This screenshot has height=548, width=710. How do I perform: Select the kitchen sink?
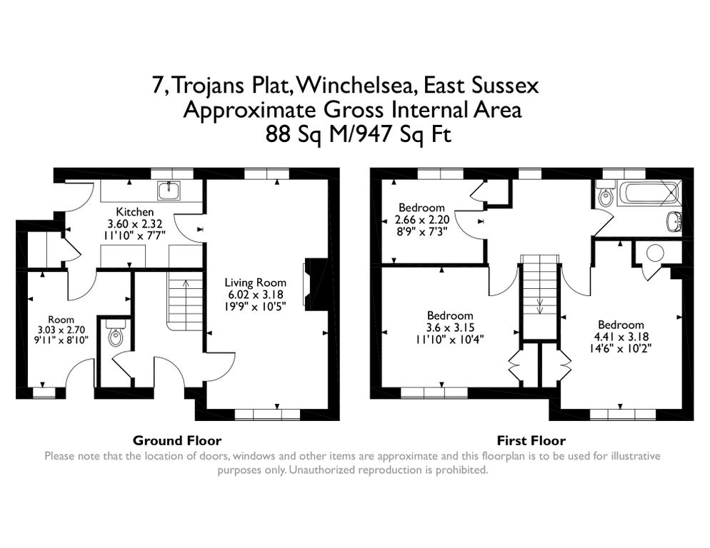[170, 189]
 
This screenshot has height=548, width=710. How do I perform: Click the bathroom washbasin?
[673, 220]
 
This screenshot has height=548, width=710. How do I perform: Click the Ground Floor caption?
[177, 440]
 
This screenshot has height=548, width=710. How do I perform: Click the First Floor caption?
[531, 440]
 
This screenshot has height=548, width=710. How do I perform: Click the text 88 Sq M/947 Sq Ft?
[359, 133]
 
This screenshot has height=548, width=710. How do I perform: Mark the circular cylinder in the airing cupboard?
[654, 253]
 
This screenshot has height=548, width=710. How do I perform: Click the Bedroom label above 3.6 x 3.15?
[450, 315]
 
